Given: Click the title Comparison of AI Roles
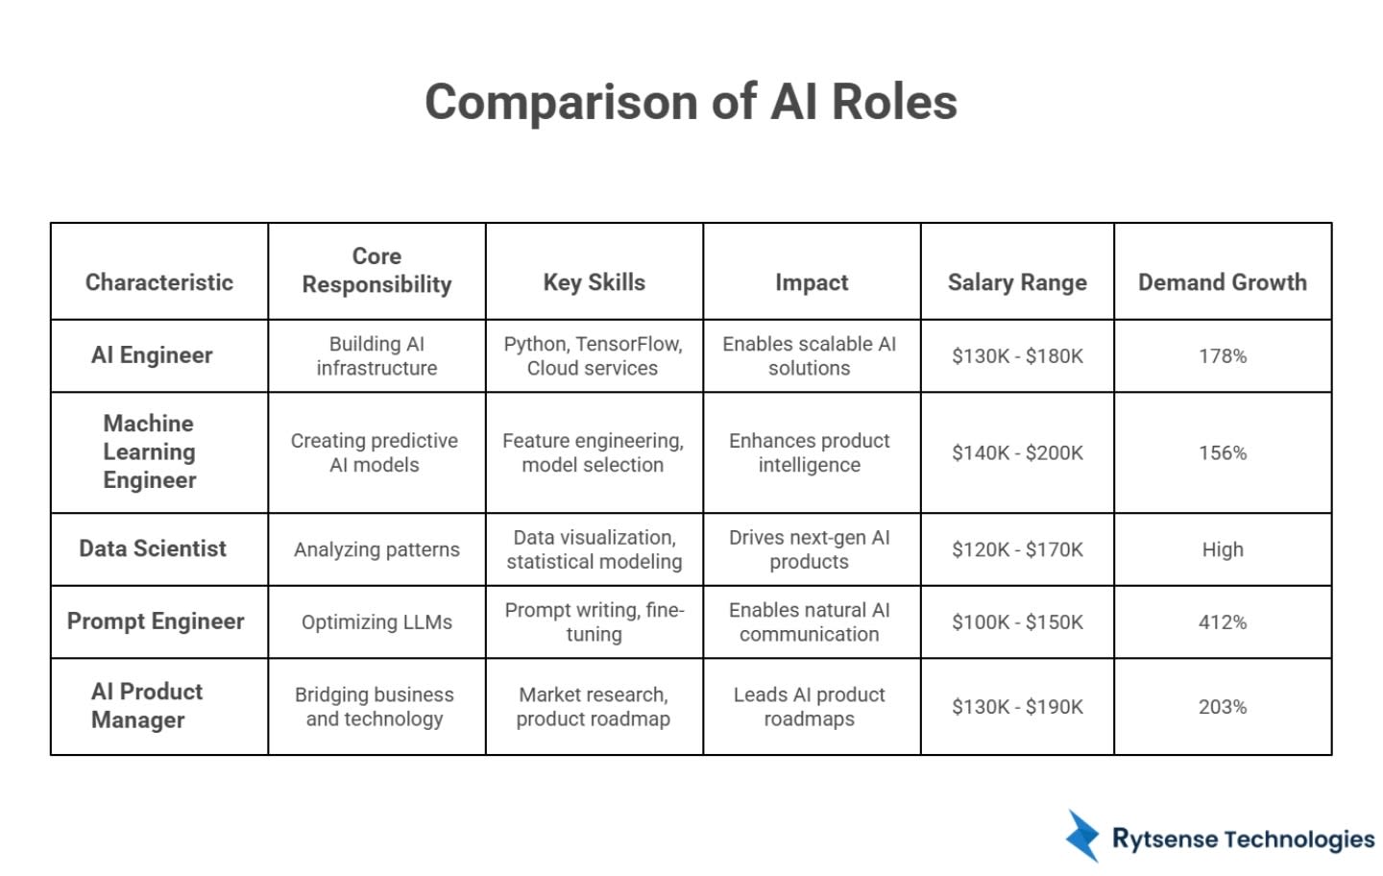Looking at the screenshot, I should coord(691,102).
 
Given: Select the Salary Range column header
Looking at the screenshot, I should coord(1017,282).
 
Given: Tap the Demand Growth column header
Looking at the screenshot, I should coord(1222,282).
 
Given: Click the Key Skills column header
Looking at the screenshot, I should coord(594,282).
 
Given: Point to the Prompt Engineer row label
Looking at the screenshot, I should coord(156,621).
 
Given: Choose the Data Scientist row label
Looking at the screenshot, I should coord(153,548).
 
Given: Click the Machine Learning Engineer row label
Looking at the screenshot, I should coord(149,451).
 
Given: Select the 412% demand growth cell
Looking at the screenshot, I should coord(1222,622).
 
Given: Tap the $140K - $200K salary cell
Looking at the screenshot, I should coord(1017,452).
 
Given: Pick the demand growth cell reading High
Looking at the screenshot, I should coord(1222,549).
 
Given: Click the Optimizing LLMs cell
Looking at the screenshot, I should coord(376,622).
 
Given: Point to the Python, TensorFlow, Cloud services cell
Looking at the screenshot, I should coord(593,355).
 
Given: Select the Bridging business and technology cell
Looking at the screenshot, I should coord(375,706).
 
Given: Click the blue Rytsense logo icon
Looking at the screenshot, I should coord(1082,835).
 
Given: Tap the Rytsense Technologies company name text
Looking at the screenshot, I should coord(1243,839).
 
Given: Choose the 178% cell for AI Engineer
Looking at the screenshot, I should coord(1222,356).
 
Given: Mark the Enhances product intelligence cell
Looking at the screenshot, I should coord(809,452).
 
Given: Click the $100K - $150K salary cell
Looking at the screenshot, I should coord(1017,622).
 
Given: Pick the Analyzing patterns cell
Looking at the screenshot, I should coord(376,549).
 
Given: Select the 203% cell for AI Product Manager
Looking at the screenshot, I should coord(1222,707).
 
